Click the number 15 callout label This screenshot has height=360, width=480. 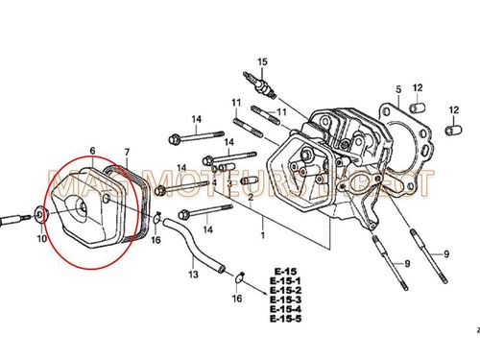click(257, 60)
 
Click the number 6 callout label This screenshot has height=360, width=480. click(92, 151)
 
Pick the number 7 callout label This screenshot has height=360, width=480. click(126, 152)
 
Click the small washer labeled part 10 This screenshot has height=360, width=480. click(37, 214)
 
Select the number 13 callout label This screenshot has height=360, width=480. click(192, 275)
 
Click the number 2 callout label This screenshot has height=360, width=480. click(251, 197)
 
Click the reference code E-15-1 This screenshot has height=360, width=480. click(285, 280)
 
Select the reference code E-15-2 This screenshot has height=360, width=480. click(285, 290)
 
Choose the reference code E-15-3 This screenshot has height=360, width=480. click(285, 300)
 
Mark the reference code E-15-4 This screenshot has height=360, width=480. click(285, 309)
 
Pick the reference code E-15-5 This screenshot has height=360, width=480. click(285, 319)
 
